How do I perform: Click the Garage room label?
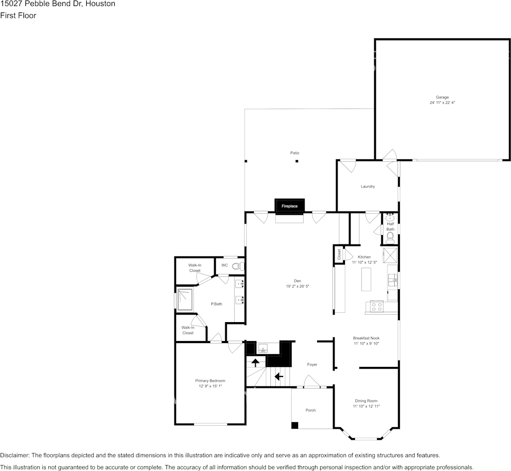pos(442,97)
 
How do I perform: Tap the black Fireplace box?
pos(290,206)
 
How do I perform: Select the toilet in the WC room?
pos(238,266)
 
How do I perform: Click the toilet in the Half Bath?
pos(390,236)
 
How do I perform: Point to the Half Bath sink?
pos(390,218)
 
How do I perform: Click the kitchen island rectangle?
pos(367,279)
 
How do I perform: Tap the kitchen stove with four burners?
pos(376,306)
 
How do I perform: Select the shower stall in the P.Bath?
pos(185,299)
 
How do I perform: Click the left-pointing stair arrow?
pos(279,376)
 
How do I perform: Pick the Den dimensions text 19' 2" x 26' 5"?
pos(297,287)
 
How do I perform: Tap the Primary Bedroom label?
pos(210,381)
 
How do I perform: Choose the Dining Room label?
pos(366,401)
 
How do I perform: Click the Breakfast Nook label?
pos(366,338)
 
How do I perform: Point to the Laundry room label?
pos(367,187)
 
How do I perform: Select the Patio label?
pos(295,153)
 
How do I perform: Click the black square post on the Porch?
pos(295,425)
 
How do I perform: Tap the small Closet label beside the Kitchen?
pos(339,254)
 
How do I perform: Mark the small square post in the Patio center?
pos(297,161)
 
